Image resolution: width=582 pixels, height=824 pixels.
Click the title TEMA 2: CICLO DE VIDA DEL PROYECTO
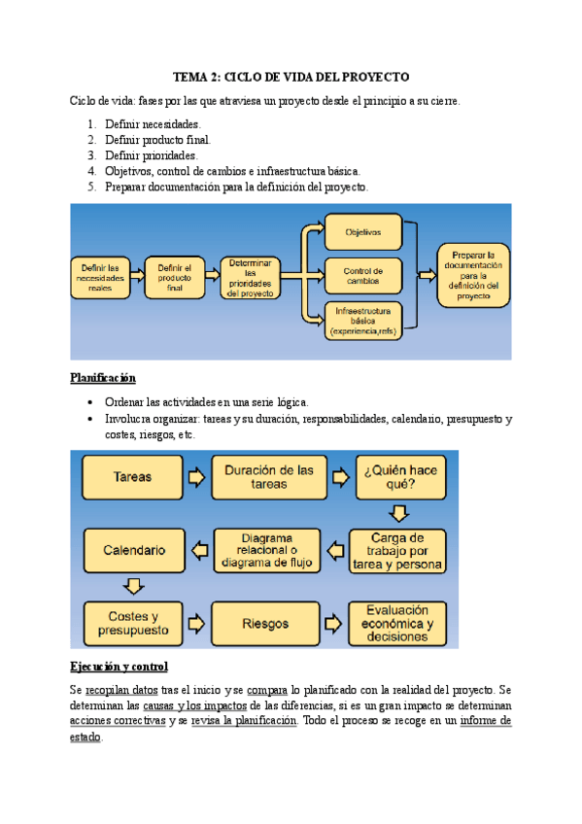tap(291, 76)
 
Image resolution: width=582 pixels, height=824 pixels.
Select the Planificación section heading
tap(103, 377)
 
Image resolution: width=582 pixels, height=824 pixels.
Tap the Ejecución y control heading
tap(119, 667)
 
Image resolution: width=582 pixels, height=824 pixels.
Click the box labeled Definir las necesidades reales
tap(100, 278)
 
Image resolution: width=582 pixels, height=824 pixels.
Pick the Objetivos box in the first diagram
tap(363, 233)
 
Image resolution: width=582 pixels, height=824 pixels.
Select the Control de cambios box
tap(363, 275)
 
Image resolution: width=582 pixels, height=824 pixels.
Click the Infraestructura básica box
tap(363, 321)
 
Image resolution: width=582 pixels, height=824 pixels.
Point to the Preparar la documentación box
tap(473, 274)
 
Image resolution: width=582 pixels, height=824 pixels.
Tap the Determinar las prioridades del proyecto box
tap(251, 278)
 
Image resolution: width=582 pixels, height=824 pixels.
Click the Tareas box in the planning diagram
tap(132, 477)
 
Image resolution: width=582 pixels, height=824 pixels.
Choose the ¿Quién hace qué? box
tap(399, 477)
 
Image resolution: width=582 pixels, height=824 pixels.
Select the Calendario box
tap(132, 550)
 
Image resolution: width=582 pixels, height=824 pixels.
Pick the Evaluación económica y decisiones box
tap(398, 623)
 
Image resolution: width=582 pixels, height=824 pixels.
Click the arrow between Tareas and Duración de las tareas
tap(196, 477)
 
